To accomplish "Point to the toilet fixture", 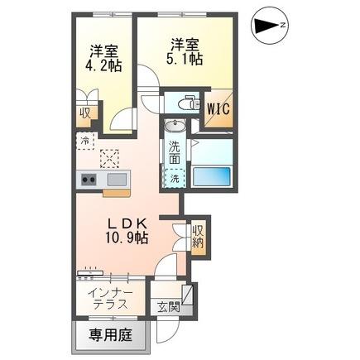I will pyautogui.click(x=187, y=104).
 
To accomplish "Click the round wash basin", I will pyautogui.click(x=175, y=127).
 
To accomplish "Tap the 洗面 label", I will pyautogui.click(x=175, y=151).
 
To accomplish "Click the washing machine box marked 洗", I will pyautogui.click(x=174, y=176).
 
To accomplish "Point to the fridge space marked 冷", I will pyautogui.click(x=87, y=142).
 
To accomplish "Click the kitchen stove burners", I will pyautogui.click(x=89, y=180).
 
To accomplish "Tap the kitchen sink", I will pyautogui.click(x=114, y=180).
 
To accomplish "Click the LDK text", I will pyautogui.click(x=126, y=223).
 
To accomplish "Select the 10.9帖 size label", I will pyautogui.click(x=127, y=238).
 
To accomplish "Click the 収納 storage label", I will pyautogui.click(x=197, y=236).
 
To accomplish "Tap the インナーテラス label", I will pyautogui.click(x=108, y=297).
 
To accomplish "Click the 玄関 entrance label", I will pyautogui.click(x=169, y=306).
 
